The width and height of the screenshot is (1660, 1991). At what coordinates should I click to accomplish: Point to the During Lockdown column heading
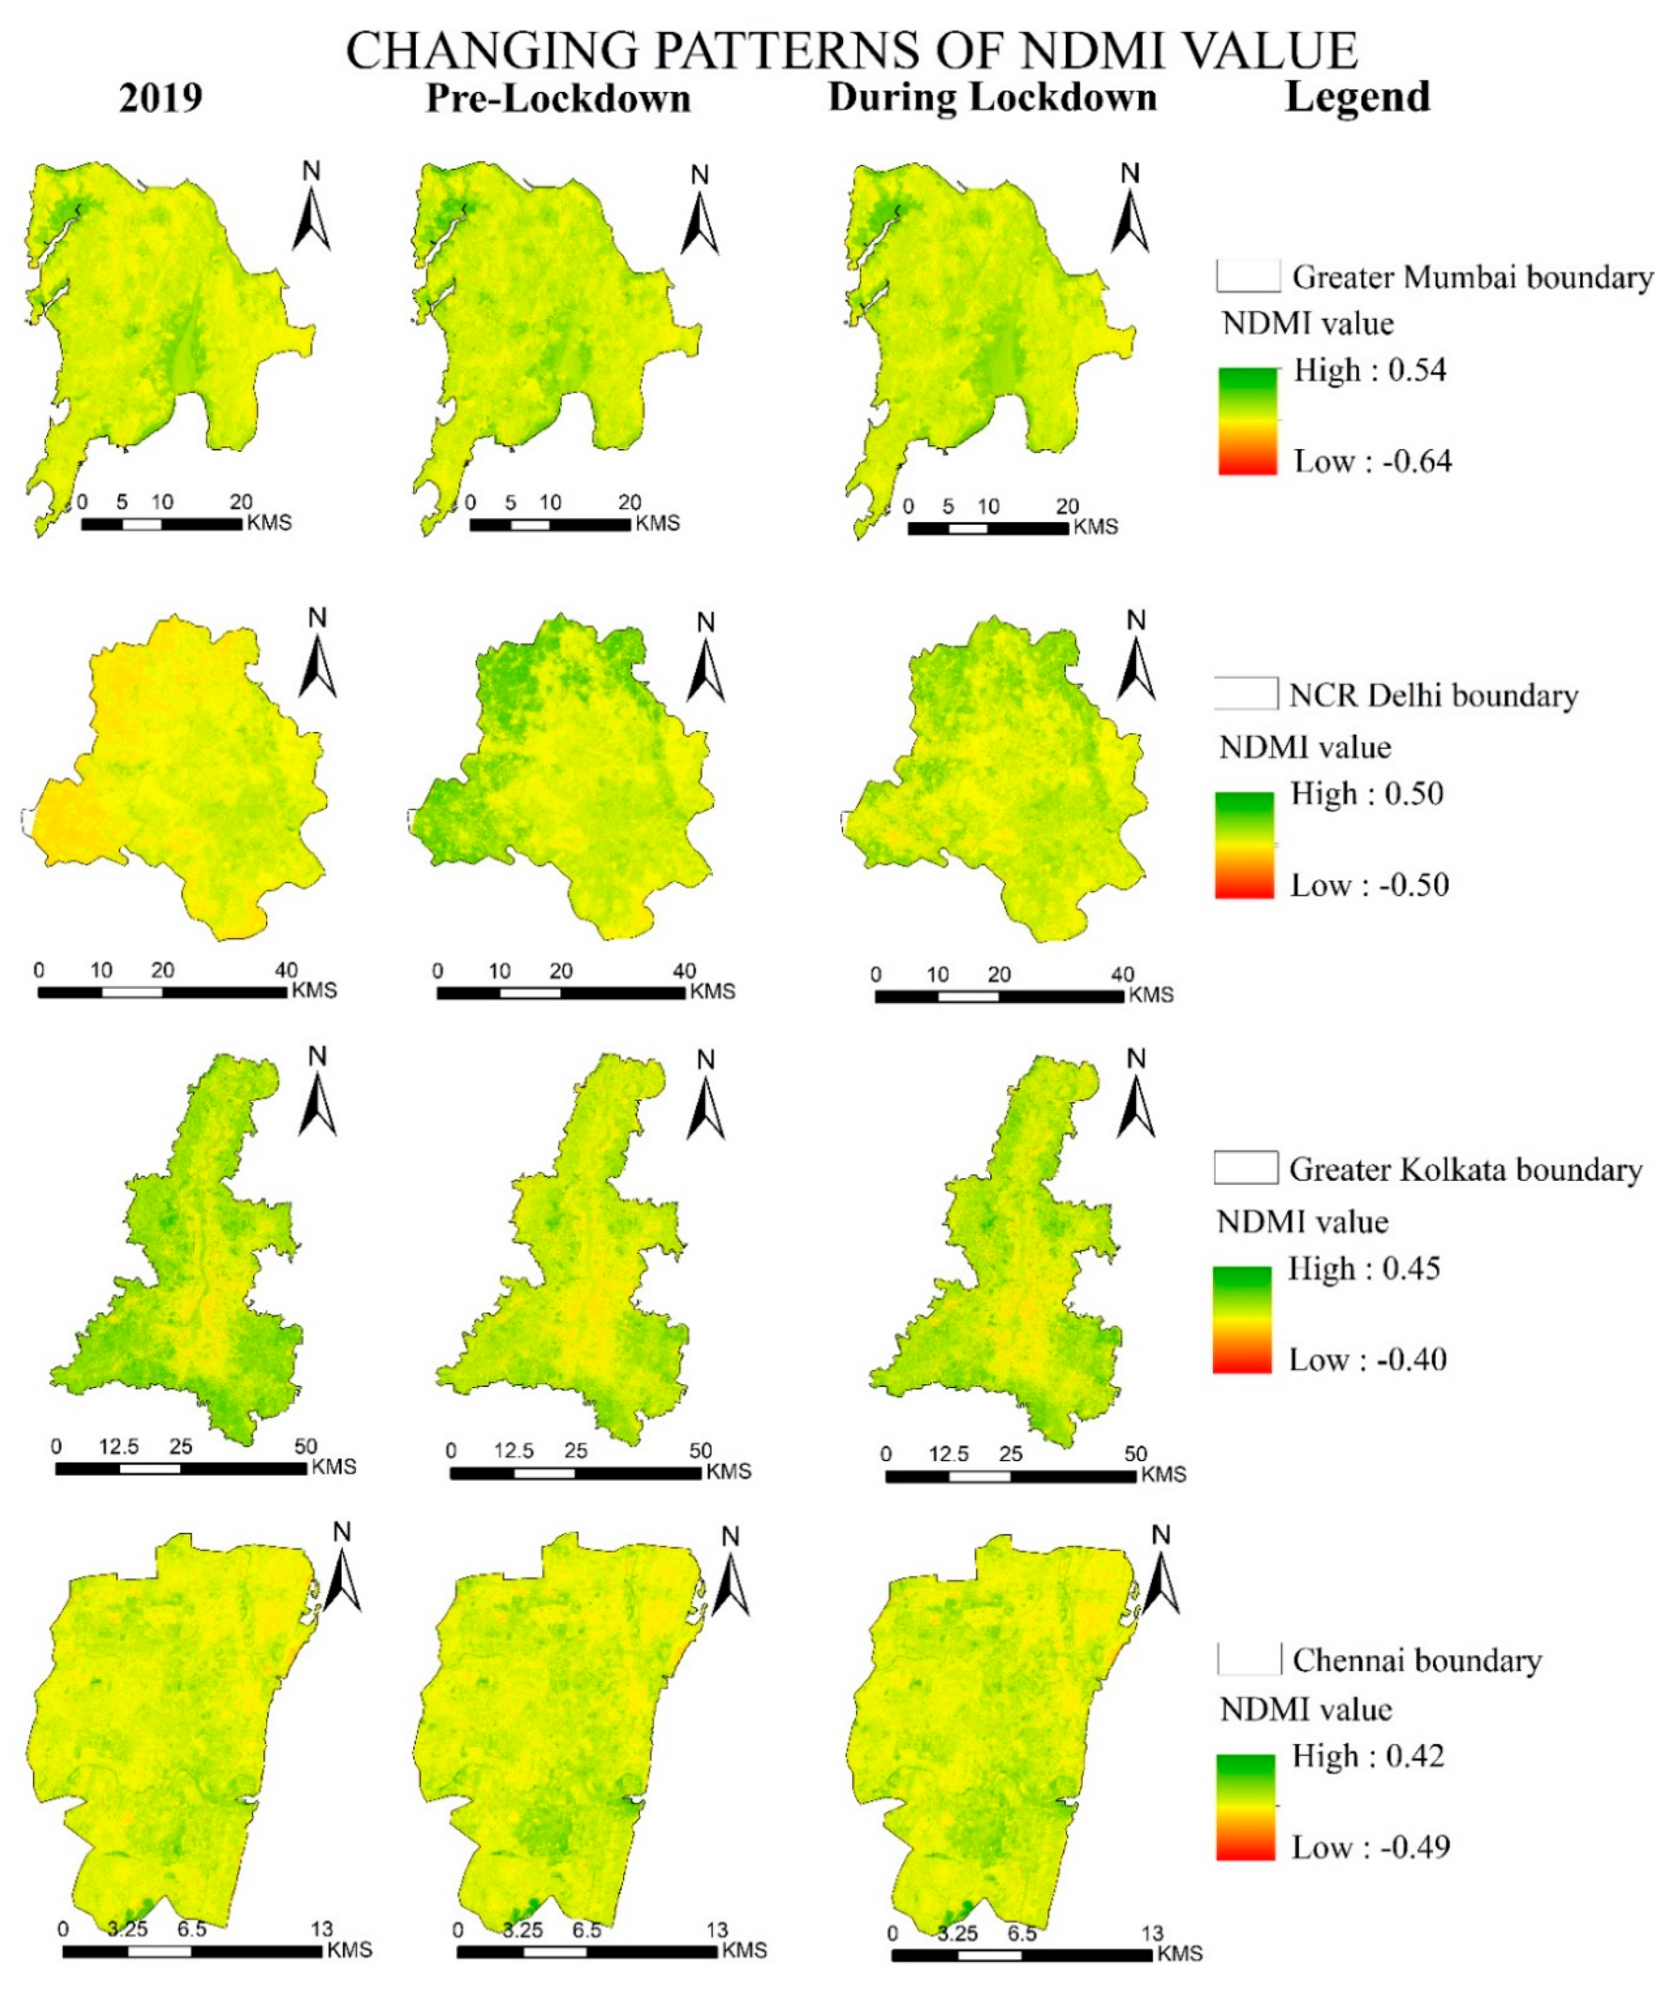pyautogui.click(x=993, y=98)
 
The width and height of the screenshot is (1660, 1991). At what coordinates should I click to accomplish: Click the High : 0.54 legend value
pyautogui.click(x=1370, y=370)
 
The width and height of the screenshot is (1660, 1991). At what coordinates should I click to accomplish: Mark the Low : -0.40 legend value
pyautogui.click(x=1367, y=1360)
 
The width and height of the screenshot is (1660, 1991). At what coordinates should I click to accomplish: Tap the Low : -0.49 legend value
pyautogui.click(x=1370, y=1847)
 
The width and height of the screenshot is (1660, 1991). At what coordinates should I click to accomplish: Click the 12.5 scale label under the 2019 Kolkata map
pyautogui.click(x=119, y=1447)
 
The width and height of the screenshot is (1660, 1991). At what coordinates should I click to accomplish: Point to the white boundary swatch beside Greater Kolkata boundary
pyautogui.click(x=1245, y=1168)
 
